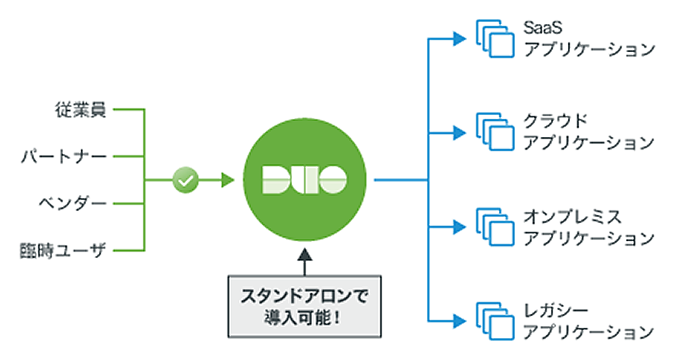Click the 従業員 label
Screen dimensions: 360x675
tap(80, 111)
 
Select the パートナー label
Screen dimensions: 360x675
tap(63, 157)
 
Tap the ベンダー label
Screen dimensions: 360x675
tap(72, 203)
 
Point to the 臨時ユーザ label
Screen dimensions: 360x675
tap(63, 250)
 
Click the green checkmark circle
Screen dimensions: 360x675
tap(186, 179)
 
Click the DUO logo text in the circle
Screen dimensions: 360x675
tap(304, 179)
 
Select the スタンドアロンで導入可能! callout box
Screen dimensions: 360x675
tap(304, 307)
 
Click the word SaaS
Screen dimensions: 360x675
tap(543, 27)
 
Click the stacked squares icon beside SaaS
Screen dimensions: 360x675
tap(495, 38)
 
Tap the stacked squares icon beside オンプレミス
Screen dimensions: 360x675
tap(495, 227)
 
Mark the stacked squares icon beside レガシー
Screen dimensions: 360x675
tap(495, 320)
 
